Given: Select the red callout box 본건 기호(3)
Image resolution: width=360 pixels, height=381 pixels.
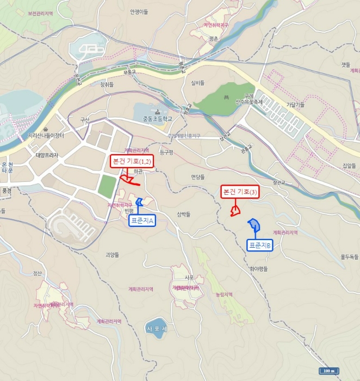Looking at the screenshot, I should click(240, 192).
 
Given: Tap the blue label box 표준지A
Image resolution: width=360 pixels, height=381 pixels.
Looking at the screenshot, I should click(142, 220).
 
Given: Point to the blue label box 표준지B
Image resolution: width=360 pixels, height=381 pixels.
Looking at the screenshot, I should click(260, 246).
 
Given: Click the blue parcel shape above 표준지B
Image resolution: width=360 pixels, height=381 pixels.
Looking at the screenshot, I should click(254, 225).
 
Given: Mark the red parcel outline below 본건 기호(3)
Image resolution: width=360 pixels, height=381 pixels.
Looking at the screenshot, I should click(235, 211).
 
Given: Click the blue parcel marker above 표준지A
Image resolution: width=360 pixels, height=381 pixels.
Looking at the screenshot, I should click(139, 204).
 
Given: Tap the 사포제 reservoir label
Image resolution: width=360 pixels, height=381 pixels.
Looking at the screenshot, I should click(158, 329).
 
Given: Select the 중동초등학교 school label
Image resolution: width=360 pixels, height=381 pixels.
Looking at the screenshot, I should click(157, 118).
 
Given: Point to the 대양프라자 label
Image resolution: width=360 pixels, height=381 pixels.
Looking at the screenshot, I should click(47, 155).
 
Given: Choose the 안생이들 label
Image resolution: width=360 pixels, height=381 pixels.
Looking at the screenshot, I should click(139, 11).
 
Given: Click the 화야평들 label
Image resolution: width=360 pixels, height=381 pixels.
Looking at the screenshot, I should click(259, 269).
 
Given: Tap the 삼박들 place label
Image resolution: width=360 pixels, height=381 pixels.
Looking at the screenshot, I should click(184, 214).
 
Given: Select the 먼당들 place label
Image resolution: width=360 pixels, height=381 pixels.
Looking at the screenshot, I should click(198, 177).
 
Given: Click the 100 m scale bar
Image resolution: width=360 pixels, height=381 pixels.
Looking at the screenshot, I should click(328, 371).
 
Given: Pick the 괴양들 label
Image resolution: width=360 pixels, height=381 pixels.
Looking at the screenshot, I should click(113, 254).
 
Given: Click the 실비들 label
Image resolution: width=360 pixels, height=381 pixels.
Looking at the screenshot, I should click(197, 83).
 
